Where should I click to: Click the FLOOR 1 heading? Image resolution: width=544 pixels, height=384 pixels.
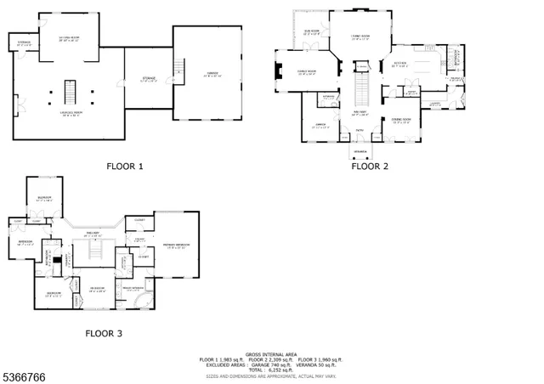(124, 167)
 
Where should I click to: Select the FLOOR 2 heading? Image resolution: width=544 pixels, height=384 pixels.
(370, 167)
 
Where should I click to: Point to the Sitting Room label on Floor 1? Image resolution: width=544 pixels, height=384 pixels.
(70, 39)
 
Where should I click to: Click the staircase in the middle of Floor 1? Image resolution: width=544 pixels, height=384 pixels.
(70, 89)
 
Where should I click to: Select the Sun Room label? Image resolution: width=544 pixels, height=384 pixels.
(312, 31)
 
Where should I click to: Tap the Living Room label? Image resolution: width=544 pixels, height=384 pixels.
(360, 36)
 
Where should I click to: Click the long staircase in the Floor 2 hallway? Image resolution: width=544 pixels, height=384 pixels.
(360, 88)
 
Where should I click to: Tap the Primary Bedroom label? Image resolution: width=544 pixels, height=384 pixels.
(177, 244)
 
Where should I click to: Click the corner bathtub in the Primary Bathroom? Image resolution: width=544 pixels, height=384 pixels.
(150, 304)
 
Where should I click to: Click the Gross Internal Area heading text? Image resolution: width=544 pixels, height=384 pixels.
(270, 353)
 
